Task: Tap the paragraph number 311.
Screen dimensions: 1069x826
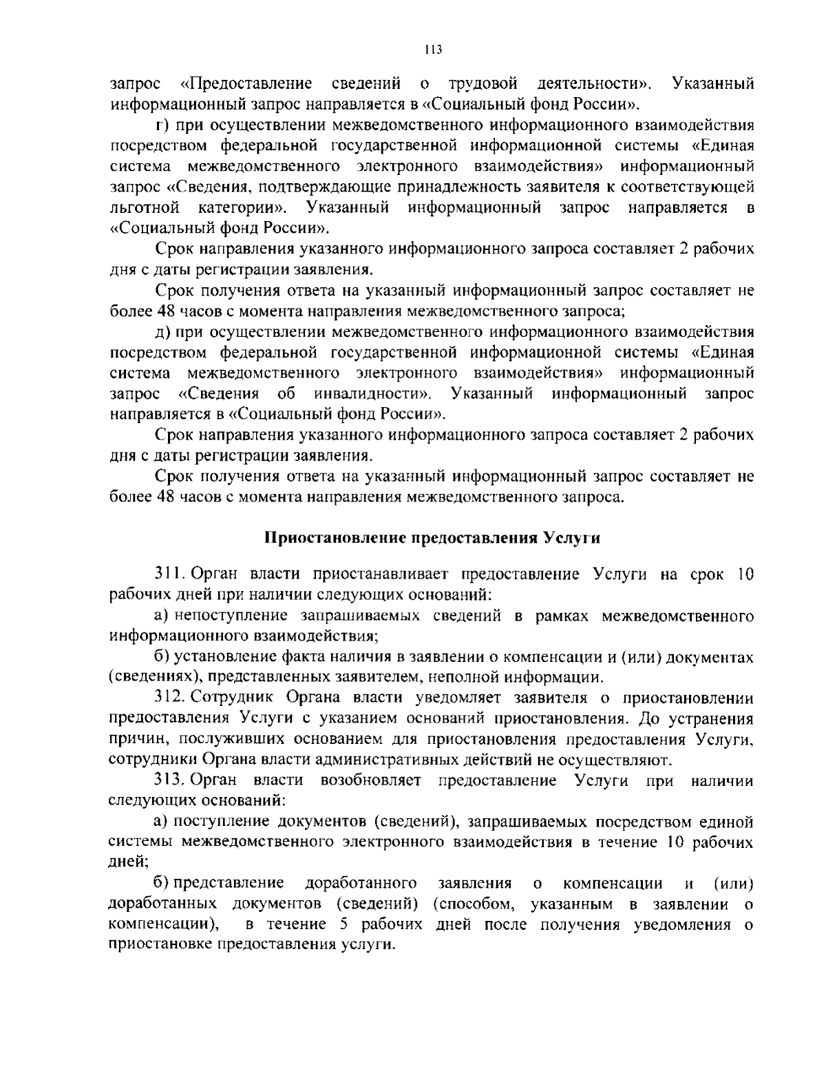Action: [169, 575]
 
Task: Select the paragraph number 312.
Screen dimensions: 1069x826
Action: [169, 698]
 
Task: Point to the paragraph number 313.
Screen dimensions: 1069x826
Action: [169, 780]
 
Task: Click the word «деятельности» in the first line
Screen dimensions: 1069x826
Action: [593, 85]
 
